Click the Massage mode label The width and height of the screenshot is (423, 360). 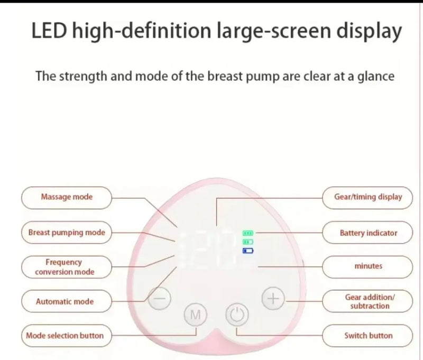point(67,197)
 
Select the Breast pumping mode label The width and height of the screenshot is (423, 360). point(67,232)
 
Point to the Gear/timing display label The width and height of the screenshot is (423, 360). point(367,197)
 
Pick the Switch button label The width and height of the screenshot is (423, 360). point(367,336)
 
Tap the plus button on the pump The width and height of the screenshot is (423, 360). point(273,299)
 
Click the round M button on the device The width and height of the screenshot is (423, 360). point(195,315)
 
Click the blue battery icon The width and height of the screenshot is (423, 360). point(248,251)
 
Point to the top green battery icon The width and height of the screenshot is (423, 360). point(248,233)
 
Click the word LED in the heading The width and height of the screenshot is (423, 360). point(49,30)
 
